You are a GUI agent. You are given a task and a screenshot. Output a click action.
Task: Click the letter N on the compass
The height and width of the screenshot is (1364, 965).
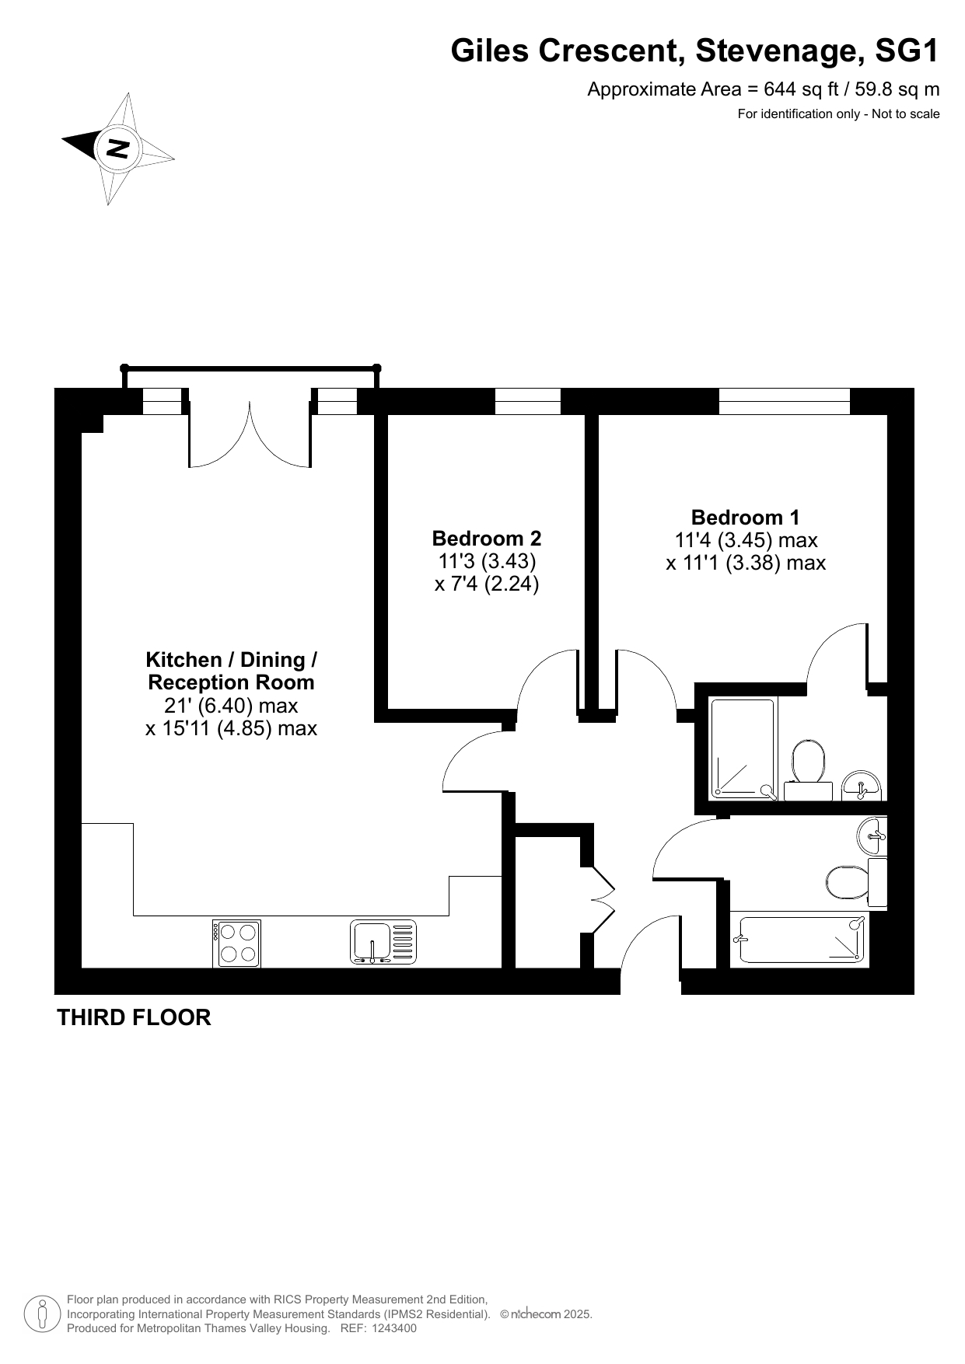(x=117, y=148)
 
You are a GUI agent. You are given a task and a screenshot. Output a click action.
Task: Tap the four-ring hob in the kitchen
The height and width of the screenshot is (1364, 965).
(x=236, y=944)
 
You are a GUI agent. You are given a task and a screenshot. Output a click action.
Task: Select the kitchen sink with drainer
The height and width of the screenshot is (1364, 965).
(x=383, y=942)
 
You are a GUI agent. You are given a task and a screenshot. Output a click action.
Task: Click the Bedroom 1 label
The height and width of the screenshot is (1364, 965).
(x=745, y=517)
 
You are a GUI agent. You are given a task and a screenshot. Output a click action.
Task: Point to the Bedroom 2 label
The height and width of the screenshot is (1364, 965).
(x=487, y=538)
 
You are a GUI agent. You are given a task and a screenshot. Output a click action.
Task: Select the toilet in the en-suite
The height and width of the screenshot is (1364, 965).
(x=808, y=769)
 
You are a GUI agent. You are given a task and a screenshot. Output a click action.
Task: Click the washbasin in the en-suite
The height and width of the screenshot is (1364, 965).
(x=862, y=785)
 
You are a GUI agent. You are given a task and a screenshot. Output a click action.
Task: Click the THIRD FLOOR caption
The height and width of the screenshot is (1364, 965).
(x=134, y=1017)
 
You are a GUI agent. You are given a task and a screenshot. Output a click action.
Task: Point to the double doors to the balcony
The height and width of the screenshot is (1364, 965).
(x=250, y=436)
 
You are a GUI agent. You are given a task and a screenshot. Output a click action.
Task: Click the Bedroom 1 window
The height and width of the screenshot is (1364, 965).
(x=784, y=401)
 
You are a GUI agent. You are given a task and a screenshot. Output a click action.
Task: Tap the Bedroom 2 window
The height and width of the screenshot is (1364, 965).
(x=528, y=401)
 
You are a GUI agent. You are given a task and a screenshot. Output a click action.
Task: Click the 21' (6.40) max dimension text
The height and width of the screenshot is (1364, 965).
(x=232, y=706)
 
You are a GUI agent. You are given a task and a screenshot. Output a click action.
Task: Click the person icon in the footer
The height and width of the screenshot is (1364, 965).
(x=43, y=1313)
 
